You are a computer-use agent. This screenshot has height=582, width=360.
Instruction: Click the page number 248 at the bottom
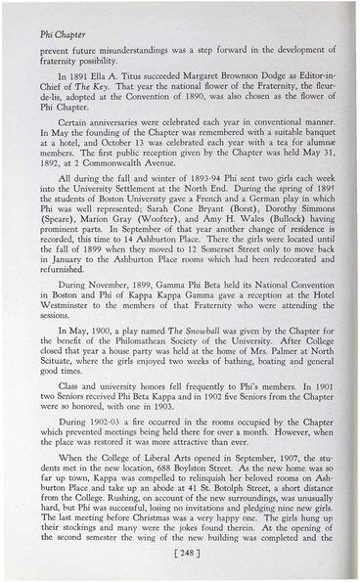(178, 553)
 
